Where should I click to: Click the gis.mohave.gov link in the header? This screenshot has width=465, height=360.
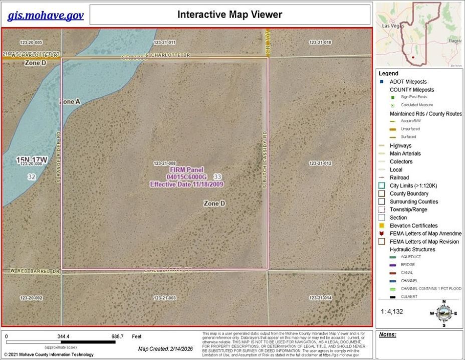45,16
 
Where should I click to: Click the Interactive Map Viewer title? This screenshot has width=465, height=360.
229,15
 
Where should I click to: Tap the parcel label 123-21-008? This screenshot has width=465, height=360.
164,163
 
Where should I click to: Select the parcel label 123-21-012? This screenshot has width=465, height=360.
321,163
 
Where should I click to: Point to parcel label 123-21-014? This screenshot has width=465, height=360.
321,298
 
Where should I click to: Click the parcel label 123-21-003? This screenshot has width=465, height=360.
165,298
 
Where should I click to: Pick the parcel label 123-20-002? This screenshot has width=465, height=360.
31,298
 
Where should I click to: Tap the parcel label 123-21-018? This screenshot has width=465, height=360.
321,43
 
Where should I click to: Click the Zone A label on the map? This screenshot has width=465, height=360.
70,102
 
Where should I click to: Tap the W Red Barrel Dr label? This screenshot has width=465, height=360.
31,272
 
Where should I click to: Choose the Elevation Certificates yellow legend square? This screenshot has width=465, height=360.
381,226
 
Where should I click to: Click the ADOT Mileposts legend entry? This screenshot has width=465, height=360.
408,82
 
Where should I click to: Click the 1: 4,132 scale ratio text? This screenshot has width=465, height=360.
392,311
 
